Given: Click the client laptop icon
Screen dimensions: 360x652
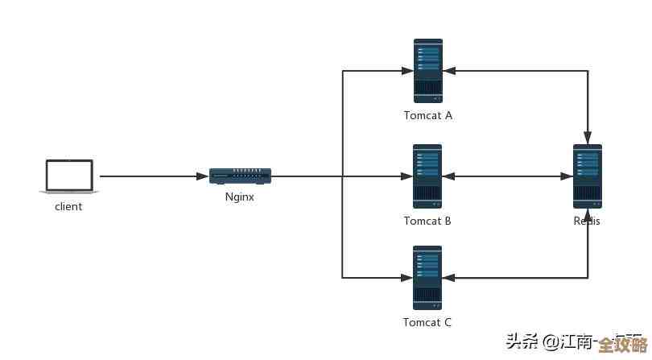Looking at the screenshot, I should click(x=69, y=176).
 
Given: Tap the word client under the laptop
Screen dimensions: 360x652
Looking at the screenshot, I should click(x=68, y=206).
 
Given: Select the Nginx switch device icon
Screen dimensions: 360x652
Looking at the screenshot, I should click(x=240, y=176).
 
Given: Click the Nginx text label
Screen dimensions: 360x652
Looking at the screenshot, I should click(x=240, y=197).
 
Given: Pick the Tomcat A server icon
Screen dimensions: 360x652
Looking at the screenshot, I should click(x=427, y=70).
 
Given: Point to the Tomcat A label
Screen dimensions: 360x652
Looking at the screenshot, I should click(x=427, y=115).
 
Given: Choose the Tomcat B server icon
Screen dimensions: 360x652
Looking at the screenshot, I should click(x=427, y=176).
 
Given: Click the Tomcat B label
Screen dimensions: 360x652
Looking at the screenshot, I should click(x=427, y=221).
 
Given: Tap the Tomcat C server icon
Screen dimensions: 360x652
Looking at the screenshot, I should click(x=427, y=278).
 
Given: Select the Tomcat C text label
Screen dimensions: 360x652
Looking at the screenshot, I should click(x=427, y=322).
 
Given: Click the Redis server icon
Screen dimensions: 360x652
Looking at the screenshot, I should click(x=587, y=176).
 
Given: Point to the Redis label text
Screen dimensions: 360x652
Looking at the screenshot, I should click(x=587, y=221).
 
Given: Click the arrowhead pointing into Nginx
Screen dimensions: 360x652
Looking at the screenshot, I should click(x=204, y=176).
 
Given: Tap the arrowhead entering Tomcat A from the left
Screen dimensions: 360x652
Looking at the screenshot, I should click(x=407, y=71).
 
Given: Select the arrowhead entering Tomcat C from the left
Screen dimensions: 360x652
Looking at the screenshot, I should click(x=407, y=278).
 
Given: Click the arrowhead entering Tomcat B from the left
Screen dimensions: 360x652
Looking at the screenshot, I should click(x=407, y=176).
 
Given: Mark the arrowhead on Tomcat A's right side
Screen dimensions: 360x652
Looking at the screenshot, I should click(x=449, y=71).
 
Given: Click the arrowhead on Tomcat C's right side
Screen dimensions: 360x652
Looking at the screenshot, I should click(x=449, y=278).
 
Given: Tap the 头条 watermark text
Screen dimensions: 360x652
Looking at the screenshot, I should click(x=522, y=341).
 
